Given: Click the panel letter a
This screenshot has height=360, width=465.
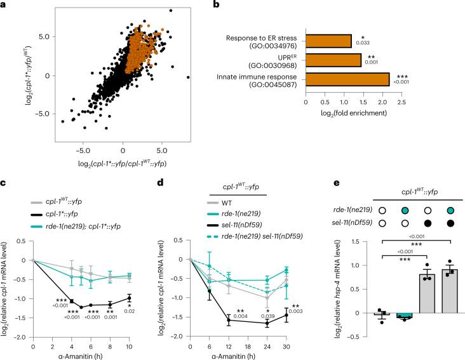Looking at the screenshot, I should point(4,5).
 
